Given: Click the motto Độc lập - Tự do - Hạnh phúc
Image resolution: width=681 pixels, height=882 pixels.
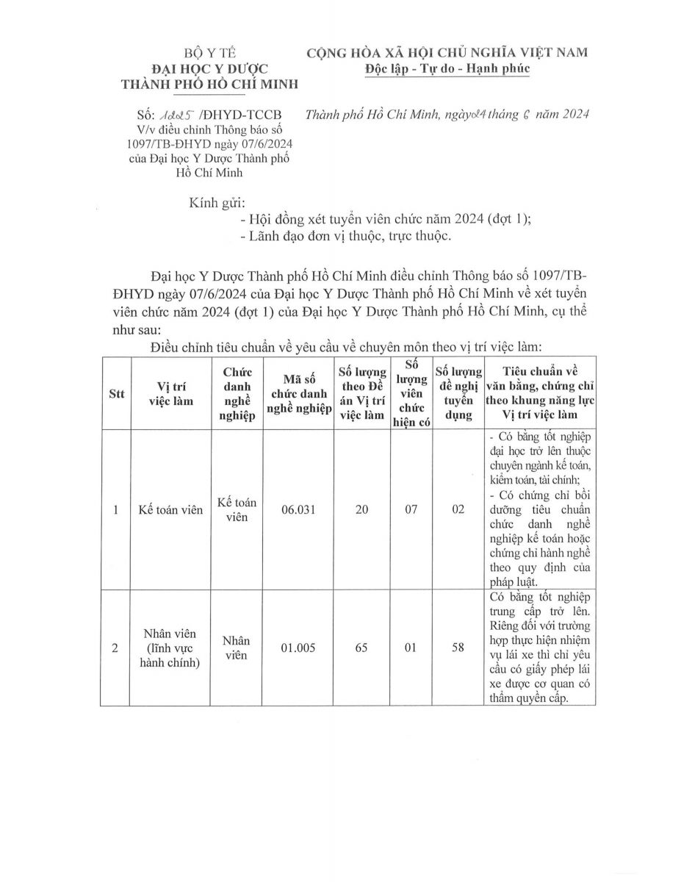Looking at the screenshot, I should (x=447, y=68).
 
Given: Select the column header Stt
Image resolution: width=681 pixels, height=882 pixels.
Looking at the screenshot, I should (x=116, y=393).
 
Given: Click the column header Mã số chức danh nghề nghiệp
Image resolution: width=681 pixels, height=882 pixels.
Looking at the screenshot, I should (x=297, y=393).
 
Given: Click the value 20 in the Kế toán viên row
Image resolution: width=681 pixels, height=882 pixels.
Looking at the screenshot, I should (x=361, y=509).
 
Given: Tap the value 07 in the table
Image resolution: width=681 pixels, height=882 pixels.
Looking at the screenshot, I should (x=410, y=509).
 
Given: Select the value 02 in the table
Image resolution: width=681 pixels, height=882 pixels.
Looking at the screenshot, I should (x=458, y=509).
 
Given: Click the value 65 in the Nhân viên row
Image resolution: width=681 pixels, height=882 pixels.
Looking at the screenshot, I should (x=361, y=648).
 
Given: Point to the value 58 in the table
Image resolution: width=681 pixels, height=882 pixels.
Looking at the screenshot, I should (x=458, y=648).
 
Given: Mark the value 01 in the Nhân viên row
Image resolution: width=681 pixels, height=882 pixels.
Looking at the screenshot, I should (x=410, y=648).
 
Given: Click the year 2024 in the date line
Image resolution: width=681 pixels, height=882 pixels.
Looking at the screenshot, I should (x=566, y=115).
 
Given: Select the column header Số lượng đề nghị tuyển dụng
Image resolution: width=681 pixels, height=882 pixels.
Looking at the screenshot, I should (x=458, y=393).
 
